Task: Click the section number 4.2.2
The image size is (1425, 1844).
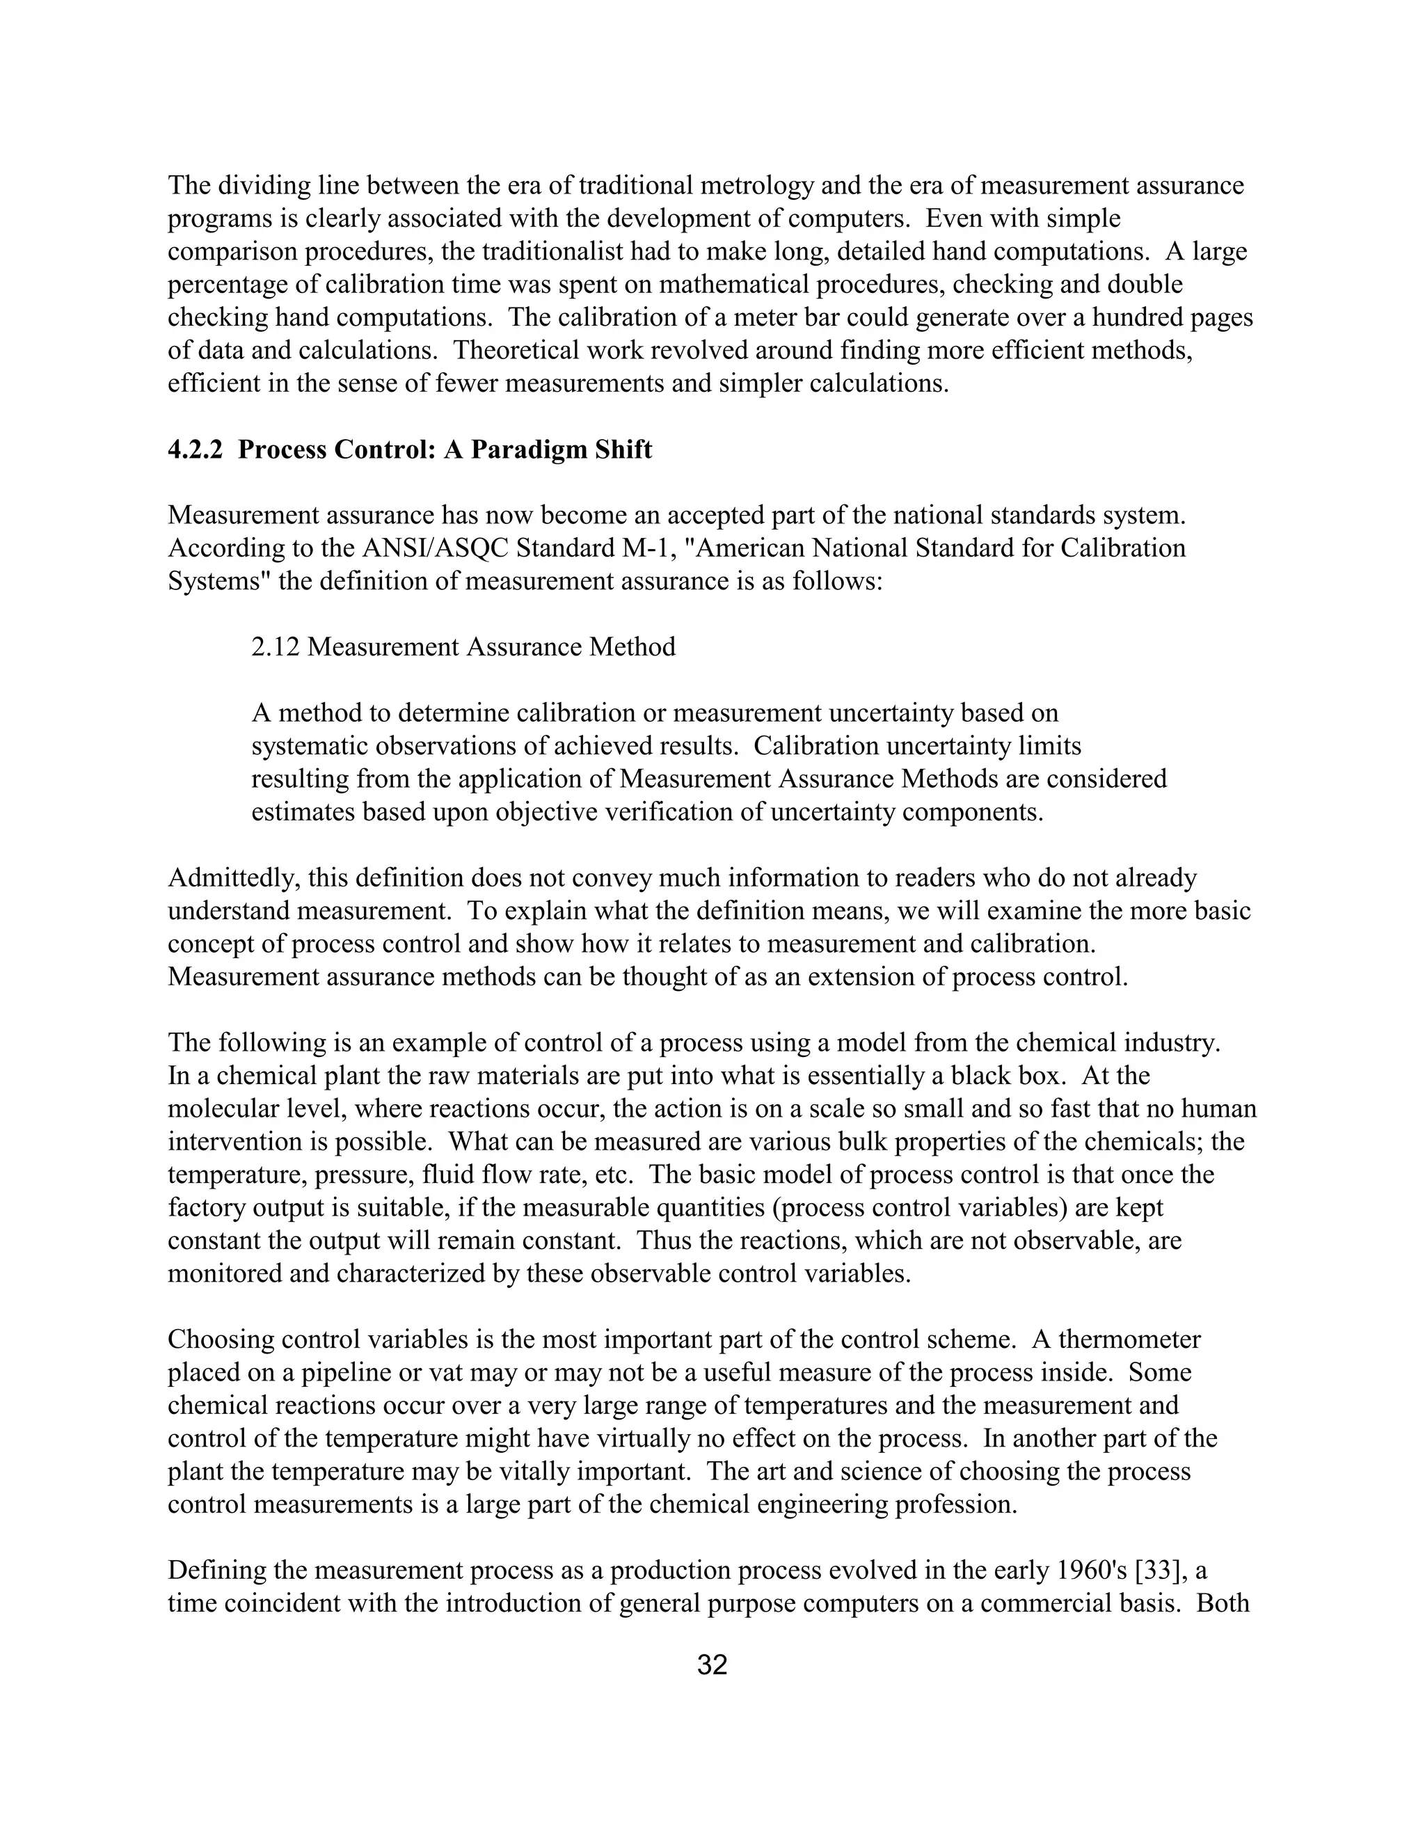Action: coord(195,450)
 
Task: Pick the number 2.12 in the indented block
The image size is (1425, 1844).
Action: coord(276,646)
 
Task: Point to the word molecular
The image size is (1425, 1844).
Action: coord(225,1108)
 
